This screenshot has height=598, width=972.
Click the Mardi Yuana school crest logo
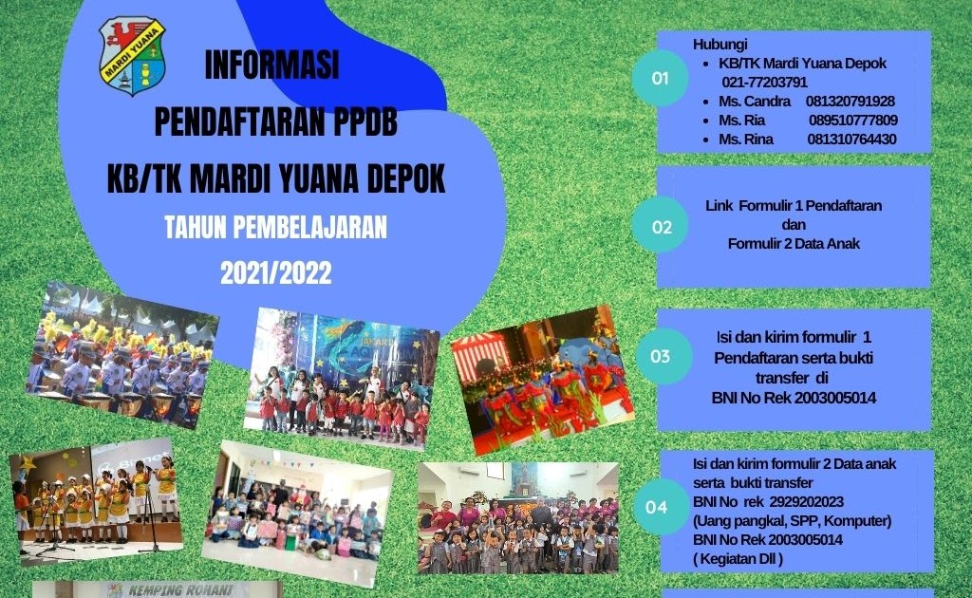(x=133, y=55)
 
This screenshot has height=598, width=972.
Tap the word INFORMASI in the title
(x=271, y=65)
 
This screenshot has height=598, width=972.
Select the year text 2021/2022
(x=275, y=273)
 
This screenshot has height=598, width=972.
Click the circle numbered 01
(x=660, y=79)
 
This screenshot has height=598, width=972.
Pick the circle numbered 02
(x=661, y=227)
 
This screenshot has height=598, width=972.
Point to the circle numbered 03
(x=660, y=357)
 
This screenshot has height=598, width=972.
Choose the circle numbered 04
(x=657, y=507)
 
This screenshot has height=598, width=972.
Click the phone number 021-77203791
(x=764, y=83)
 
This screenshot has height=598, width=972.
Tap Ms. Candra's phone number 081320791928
(x=850, y=102)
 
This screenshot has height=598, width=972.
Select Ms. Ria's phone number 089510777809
(x=853, y=121)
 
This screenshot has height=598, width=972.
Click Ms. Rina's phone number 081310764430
(x=851, y=140)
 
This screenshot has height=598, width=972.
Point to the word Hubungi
(x=720, y=45)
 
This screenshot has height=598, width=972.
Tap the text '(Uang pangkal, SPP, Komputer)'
(x=792, y=520)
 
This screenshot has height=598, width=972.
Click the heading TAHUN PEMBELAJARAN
(x=275, y=228)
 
